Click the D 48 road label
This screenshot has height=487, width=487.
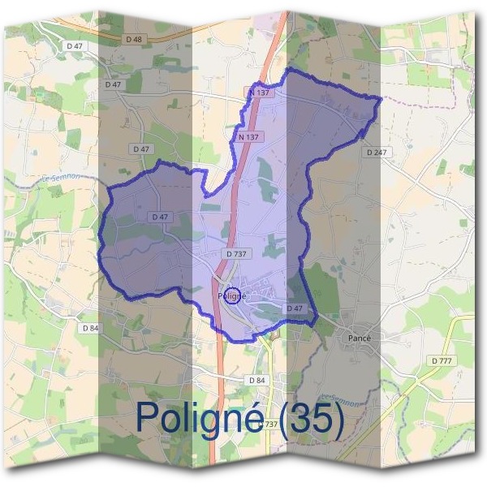(x=134, y=38)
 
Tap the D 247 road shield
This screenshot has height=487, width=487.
(x=377, y=152)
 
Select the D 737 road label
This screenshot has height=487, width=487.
(x=237, y=254)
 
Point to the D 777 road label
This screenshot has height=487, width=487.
(x=442, y=360)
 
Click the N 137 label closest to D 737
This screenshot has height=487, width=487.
(x=249, y=137)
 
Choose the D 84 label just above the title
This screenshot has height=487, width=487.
(x=256, y=380)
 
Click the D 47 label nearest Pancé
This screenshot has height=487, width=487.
(x=295, y=308)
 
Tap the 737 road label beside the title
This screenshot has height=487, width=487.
(x=269, y=424)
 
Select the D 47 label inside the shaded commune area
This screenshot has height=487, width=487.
(x=159, y=217)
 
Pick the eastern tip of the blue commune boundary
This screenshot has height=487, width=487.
(x=381, y=98)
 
